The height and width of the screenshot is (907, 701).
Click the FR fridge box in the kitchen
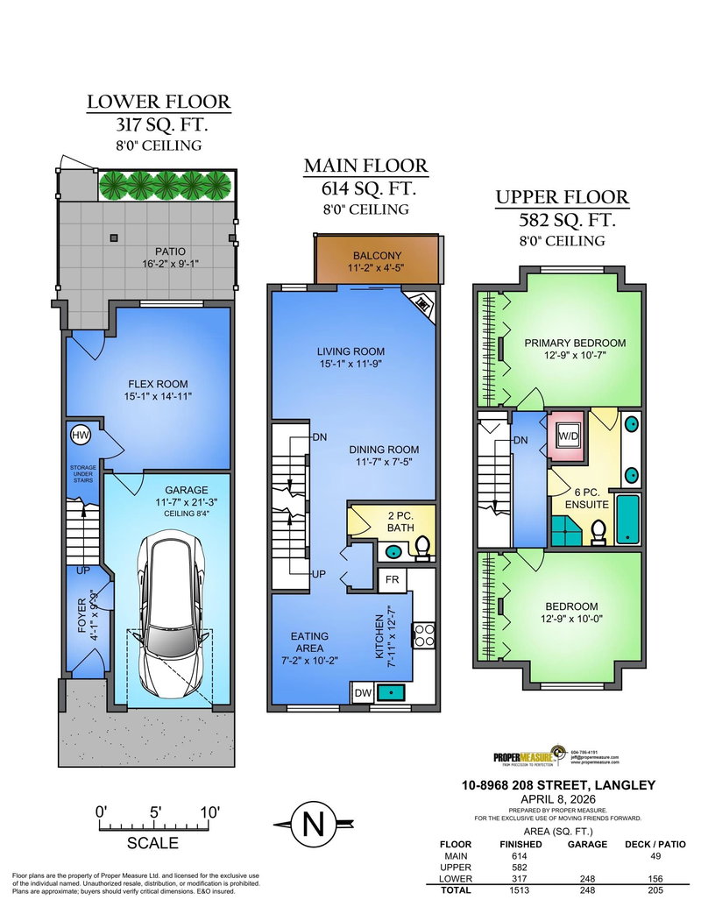[x=391, y=579]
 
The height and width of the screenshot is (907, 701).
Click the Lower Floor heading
[x=159, y=102]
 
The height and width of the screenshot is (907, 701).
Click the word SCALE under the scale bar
[x=152, y=843]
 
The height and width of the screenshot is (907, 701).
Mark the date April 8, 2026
[x=560, y=799]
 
